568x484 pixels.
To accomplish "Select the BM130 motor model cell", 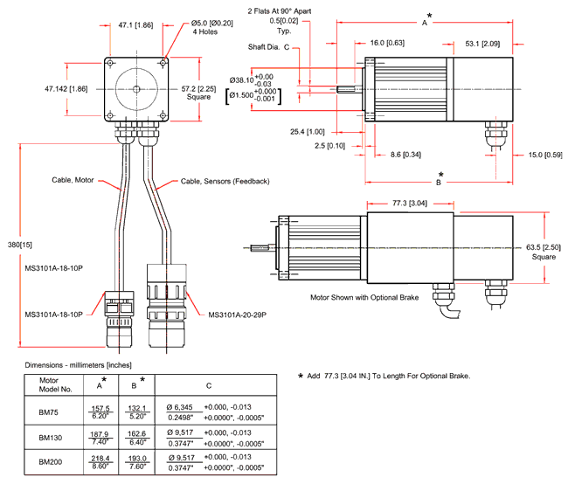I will pos(49,436).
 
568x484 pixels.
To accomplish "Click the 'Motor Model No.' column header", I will pos(49,385).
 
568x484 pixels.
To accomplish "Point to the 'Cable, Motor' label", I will pos(73,181).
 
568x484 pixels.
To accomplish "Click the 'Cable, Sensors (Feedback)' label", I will pos(225,181).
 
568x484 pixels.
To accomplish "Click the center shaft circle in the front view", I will pos(136,89).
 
